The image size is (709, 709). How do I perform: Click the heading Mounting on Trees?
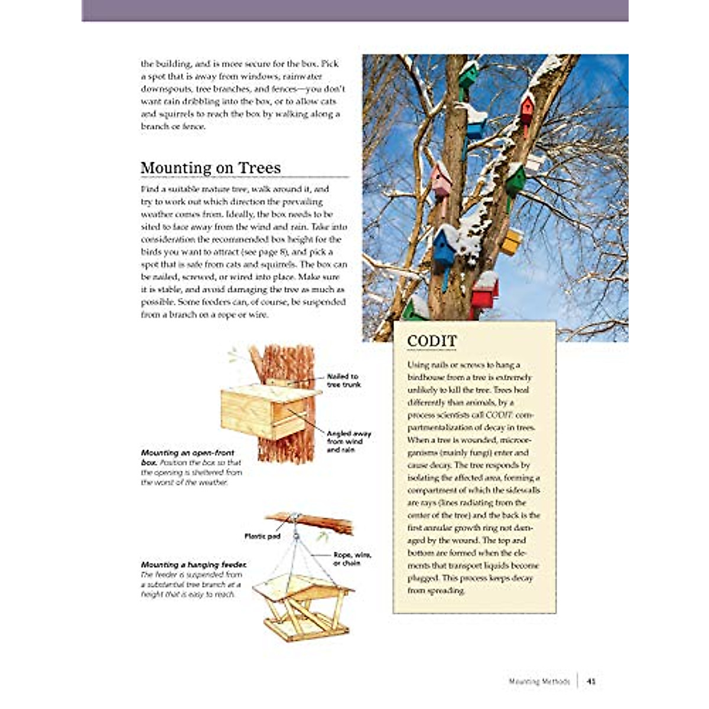(210, 168)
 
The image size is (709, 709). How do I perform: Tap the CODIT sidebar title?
(432, 342)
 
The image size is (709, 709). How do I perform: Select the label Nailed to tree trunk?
(343, 380)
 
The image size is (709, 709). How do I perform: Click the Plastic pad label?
(262, 536)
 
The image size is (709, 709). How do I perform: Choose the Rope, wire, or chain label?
(352, 559)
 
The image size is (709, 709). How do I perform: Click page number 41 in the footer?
(591, 681)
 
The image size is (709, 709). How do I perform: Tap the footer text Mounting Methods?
(539, 681)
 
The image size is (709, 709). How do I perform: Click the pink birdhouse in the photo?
(441, 181)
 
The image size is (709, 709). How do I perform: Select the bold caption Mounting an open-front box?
(187, 457)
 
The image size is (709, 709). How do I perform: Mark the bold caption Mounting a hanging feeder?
(194, 565)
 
